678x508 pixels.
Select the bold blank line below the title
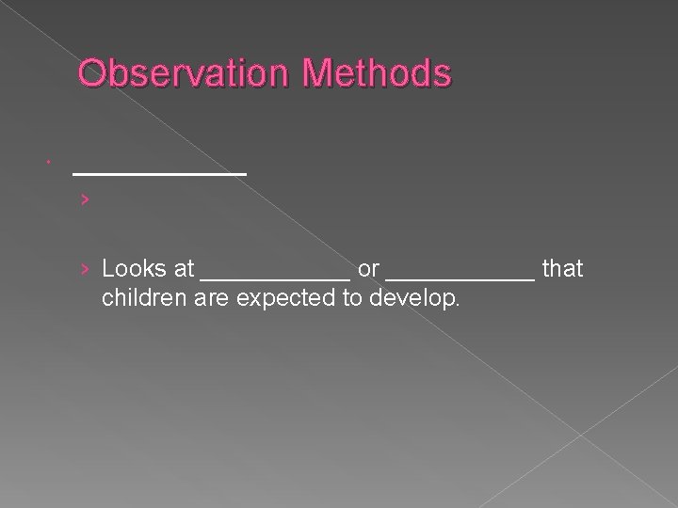click(x=159, y=173)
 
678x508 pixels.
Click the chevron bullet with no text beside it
click(x=85, y=199)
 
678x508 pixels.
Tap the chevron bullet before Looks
click(x=85, y=270)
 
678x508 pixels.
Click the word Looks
click(x=132, y=270)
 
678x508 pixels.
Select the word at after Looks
click(x=183, y=270)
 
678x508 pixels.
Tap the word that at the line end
click(x=563, y=270)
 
